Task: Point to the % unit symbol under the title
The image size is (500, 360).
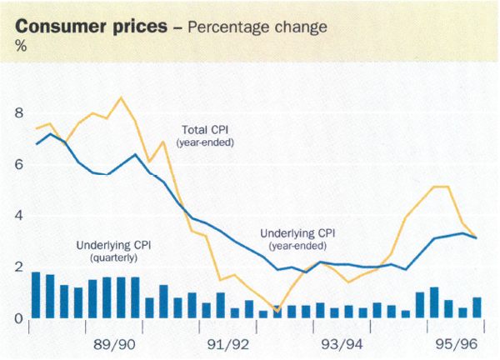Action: (20, 46)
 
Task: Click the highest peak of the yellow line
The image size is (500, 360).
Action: (122, 98)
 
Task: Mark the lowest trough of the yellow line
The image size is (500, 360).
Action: (277, 312)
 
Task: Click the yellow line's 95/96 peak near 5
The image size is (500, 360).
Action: (441, 187)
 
